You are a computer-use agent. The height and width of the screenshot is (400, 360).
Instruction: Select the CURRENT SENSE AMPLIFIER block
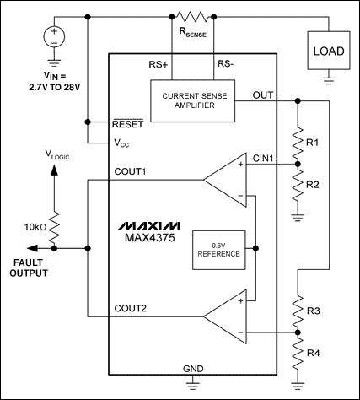pos(198,100)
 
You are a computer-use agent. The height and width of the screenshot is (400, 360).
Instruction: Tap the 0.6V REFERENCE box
pos(216,249)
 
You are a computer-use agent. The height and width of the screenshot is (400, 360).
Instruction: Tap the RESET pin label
pos(129,123)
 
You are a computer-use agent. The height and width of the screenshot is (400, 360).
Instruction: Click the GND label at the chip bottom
pos(193,368)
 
